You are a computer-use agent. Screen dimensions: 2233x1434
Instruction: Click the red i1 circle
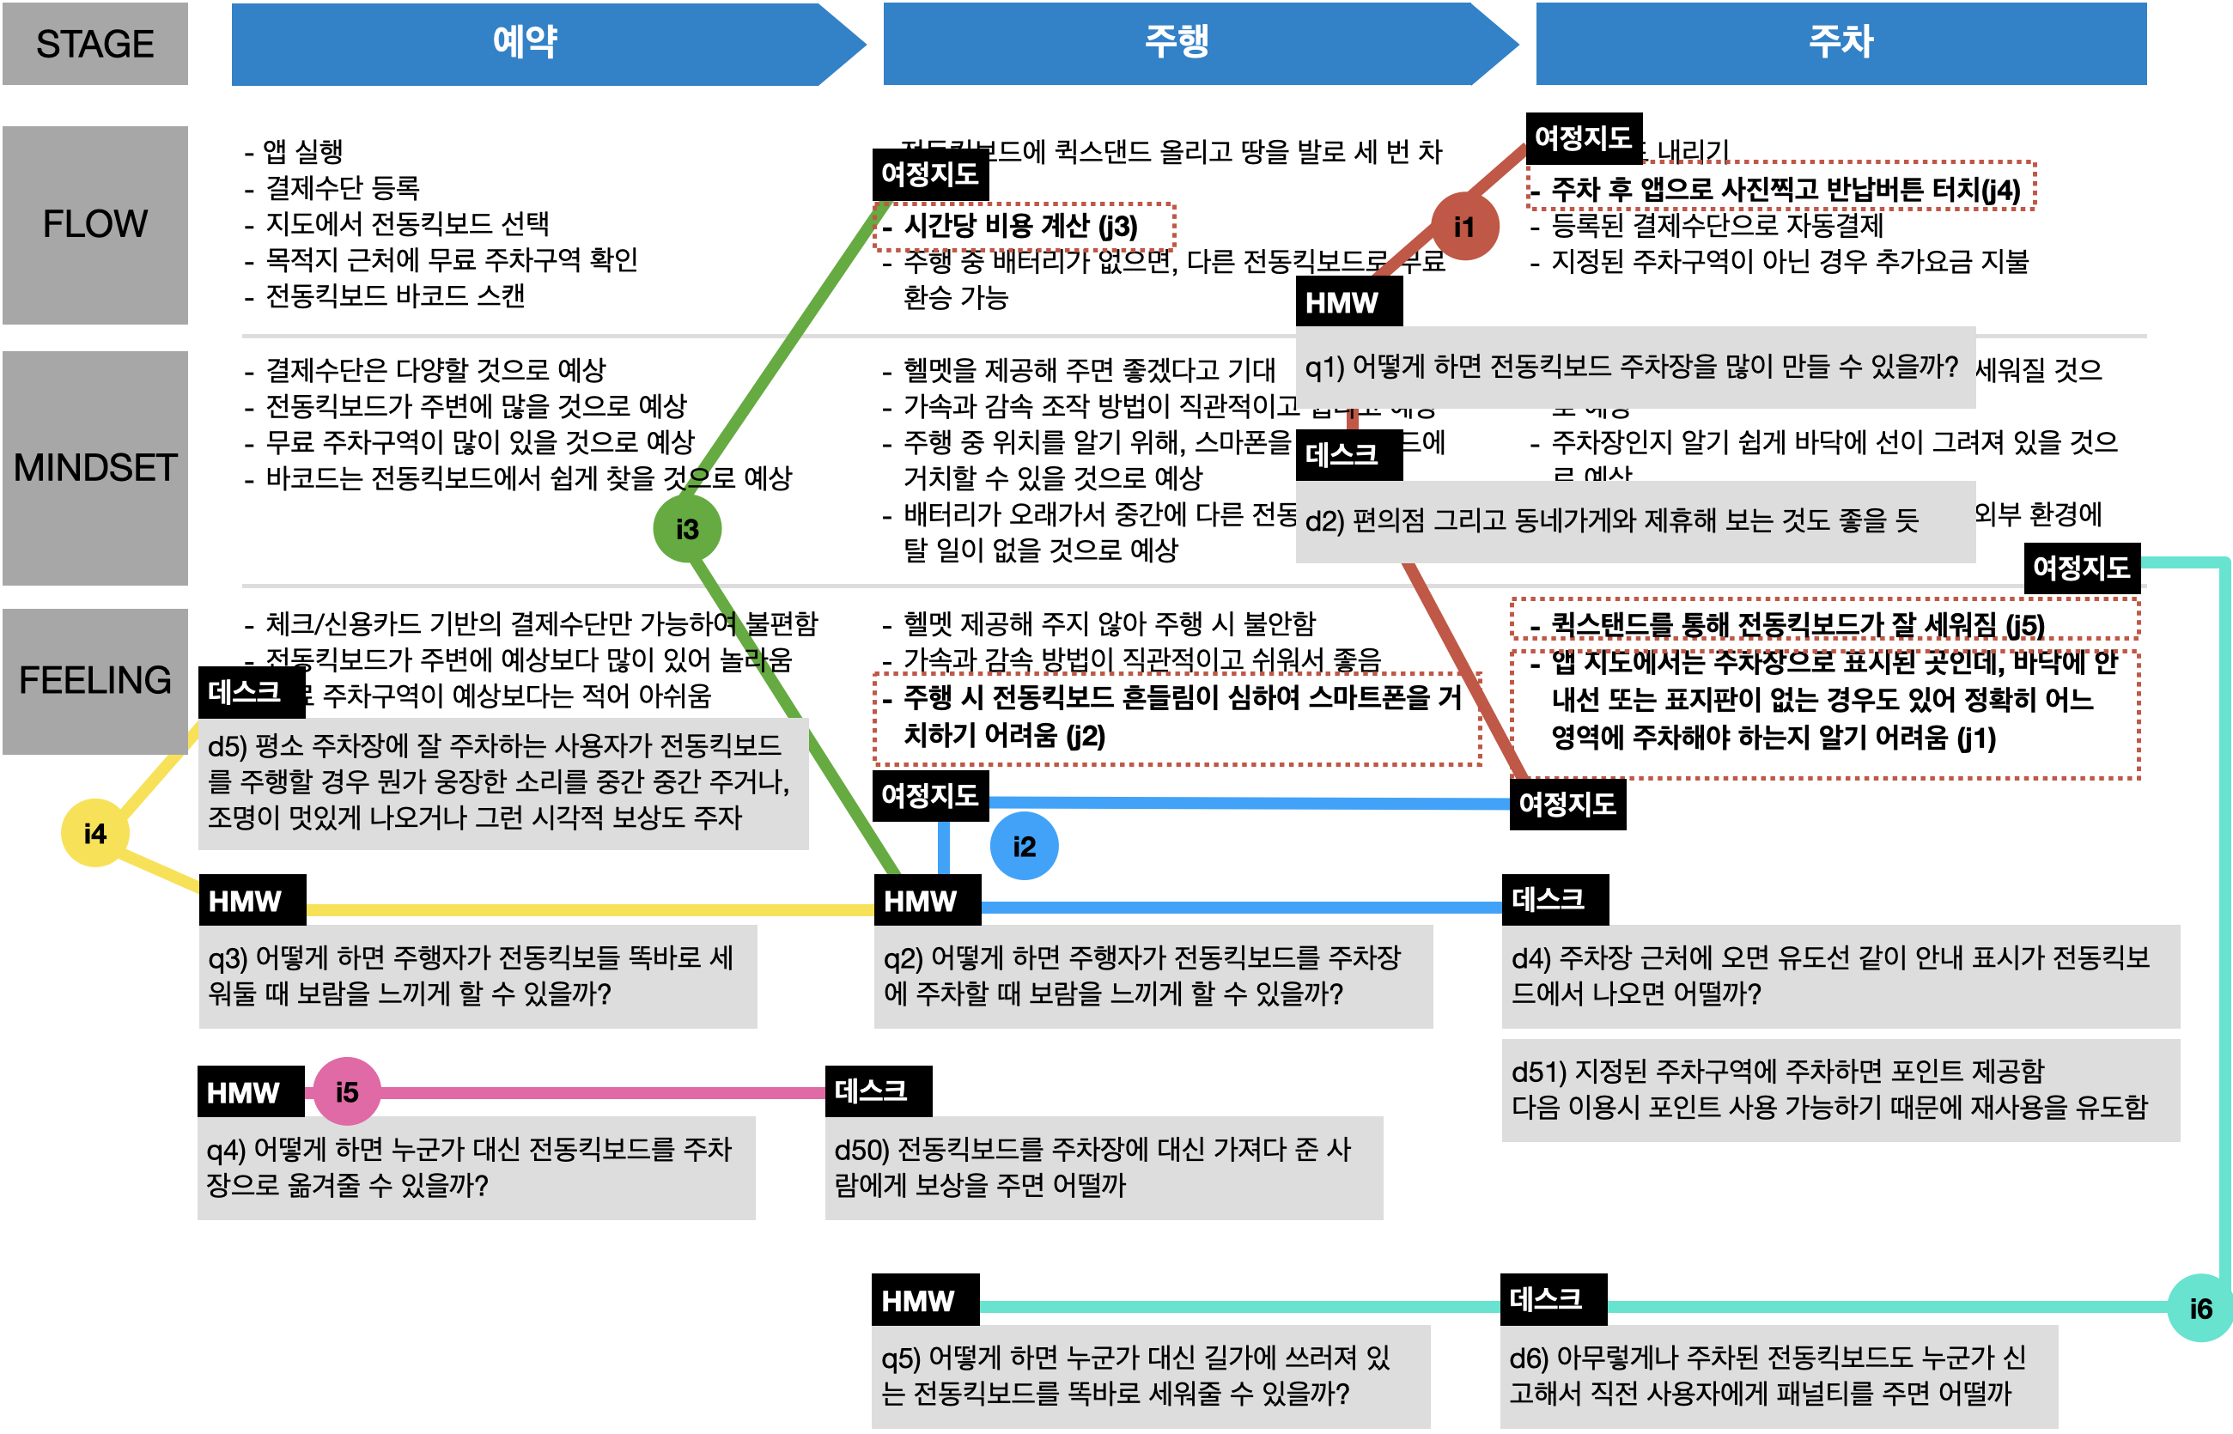coord(1463,227)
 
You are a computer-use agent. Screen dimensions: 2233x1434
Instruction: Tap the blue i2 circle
coord(1024,846)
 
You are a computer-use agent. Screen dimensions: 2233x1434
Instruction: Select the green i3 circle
coord(687,528)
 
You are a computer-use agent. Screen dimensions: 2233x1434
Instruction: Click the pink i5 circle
coord(346,1091)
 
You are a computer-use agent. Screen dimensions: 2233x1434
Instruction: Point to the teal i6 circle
coord(2200,1308)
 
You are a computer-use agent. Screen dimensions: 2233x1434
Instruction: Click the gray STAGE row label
coord(95,44)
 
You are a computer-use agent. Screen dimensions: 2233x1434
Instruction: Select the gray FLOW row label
coord(95,224)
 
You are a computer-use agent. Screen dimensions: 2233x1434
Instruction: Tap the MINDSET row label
coord(95,467)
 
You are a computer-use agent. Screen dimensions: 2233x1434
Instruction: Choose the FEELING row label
coord(95,681)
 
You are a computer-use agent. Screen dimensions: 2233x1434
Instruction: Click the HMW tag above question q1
coord(1348,302)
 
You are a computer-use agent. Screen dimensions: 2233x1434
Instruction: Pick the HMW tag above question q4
coord(251,1091)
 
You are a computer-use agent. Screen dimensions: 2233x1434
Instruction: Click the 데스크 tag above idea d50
coord(877,1091)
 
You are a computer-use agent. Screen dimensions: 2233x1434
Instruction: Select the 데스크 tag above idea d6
coord(1552,1298)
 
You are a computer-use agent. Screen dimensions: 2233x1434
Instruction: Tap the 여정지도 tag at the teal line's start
coord(2080,567)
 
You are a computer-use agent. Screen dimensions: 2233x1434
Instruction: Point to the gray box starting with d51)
coord(1839,1090)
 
